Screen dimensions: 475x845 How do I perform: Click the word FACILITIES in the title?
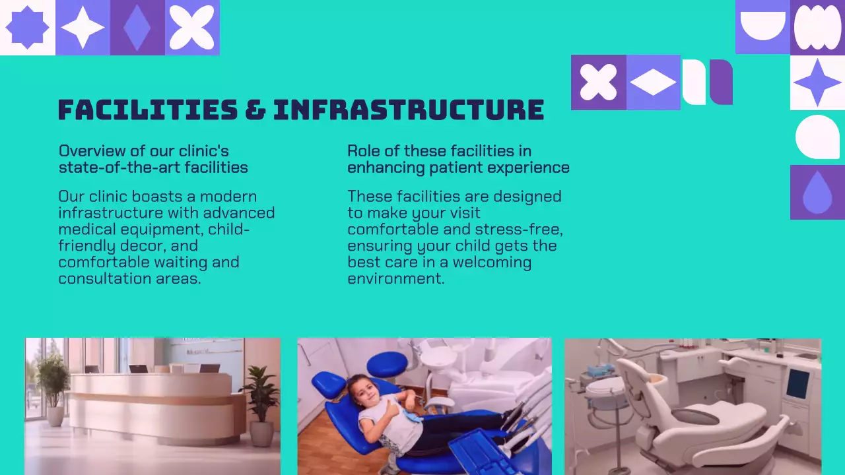pos(147,110)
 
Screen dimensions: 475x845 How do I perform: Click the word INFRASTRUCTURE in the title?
pos(409,110)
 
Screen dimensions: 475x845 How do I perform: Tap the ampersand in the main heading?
pos(255,110)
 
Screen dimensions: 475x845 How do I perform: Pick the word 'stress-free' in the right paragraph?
pos(524,230)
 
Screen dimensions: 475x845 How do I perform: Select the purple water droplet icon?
pos(817,193)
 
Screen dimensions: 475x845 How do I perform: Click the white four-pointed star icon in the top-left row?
pos(83,28)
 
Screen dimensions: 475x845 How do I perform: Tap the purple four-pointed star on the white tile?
pos(817,82)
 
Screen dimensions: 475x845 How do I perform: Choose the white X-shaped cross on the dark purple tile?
pos(598,82)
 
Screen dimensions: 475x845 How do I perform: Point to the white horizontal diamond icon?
pos(653,82)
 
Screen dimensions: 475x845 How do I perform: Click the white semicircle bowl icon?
pos(762,25)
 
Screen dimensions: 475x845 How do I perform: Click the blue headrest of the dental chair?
pos(386,364)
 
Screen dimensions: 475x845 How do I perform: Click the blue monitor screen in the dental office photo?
pos(797,384)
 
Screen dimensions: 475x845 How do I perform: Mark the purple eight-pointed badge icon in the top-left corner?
pos(27,28)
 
